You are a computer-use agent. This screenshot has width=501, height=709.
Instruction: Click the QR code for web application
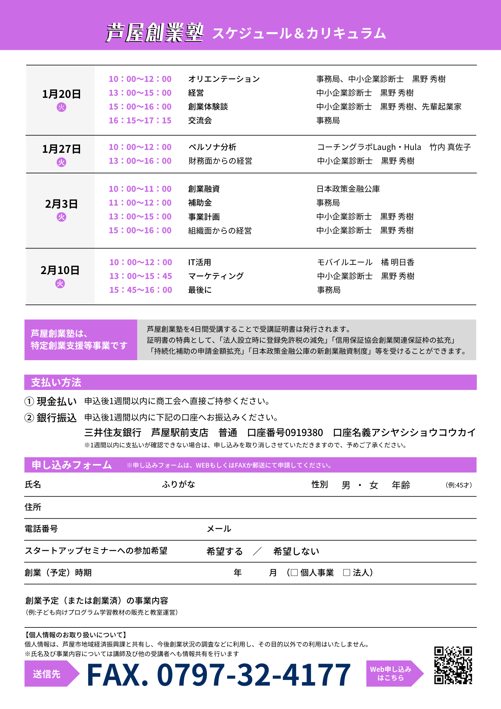453,665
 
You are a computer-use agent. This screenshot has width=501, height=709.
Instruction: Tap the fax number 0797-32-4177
219,675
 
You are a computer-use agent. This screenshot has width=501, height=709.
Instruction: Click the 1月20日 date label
61,94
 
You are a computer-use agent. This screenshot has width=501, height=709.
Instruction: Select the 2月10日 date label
60,270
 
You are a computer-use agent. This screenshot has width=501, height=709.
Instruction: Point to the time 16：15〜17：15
140,121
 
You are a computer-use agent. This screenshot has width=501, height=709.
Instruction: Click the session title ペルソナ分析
212,147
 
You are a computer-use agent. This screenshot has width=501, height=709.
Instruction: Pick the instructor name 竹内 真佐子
450,147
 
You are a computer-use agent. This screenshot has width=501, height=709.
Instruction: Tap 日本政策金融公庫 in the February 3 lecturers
348,189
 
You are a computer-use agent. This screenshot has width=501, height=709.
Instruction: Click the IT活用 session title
199,262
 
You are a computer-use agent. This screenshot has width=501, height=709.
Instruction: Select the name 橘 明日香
398,262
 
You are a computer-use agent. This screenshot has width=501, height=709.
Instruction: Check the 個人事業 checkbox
294,573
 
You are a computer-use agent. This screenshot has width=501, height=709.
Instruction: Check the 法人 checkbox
347,573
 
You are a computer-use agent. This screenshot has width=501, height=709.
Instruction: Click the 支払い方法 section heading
56,382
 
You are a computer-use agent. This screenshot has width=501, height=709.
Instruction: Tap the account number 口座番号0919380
285,432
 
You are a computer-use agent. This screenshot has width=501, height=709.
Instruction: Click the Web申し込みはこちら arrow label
391,673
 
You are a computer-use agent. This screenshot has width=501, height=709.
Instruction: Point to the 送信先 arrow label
47,674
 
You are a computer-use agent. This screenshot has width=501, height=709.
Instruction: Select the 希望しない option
296,551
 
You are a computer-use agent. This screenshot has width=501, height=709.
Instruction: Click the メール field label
219,529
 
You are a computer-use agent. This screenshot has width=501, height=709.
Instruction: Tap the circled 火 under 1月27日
61,162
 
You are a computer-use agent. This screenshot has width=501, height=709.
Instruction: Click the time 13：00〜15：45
141,276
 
